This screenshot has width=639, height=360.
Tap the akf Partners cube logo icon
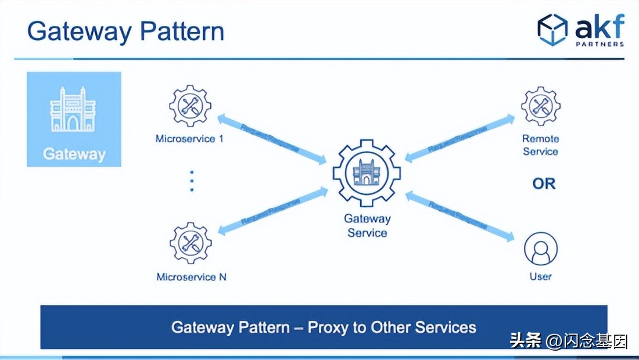click(552, 30)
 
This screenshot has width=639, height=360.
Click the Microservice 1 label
click(189, 139)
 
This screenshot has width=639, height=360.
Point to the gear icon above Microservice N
click(190, 243)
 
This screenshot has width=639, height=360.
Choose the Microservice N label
click(191, 277)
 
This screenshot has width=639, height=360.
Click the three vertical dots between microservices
click(192, 181)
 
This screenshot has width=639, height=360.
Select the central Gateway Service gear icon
click(367, 172)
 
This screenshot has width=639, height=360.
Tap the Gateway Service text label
click(367, 226)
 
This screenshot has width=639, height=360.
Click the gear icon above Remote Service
click(540, 106)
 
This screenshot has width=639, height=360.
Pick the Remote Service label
click(540, 145)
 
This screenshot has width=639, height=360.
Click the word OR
click(544, 184)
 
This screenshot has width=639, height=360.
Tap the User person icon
click(540, 249)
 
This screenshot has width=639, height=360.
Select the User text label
click(540, 276)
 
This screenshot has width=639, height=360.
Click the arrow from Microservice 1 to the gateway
click(272, 139)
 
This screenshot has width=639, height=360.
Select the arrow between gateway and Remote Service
click(459, 138)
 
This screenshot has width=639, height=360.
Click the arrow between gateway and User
click(459, 215)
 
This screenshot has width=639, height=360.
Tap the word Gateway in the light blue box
click(74, 154)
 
